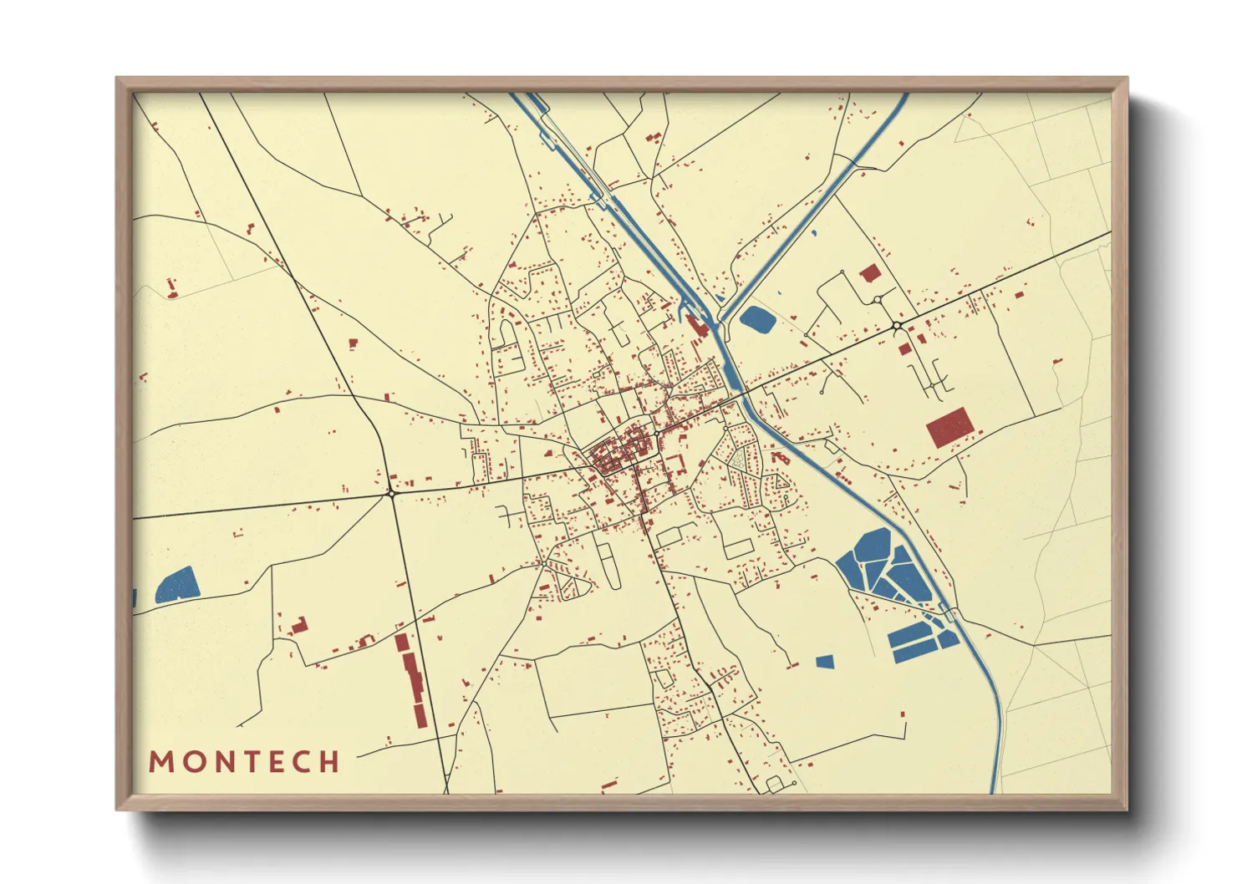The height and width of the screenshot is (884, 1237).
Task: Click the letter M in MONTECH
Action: tap(160, 762)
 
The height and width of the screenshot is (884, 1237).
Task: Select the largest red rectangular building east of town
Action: tap(949, 428)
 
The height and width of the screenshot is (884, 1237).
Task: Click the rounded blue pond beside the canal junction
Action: tap(757, 318)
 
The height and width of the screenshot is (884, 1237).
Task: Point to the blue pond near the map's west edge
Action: tap(177, 585)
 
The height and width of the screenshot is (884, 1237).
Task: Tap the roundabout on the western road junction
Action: tap(391, 494)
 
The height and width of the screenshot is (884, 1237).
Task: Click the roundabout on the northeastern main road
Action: tap(896, 325)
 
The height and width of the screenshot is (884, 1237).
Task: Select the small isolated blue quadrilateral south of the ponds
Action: tap(825, 662)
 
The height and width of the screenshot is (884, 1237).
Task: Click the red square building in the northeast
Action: tap(870, 272)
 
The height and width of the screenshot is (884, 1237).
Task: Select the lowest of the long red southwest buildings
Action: tap(420, 715)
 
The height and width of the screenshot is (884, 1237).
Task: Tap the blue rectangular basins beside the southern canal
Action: tap(919, 642)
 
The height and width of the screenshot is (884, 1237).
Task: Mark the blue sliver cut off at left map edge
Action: tap(135, 598)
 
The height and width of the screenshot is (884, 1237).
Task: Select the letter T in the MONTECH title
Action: tap(248, 762)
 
